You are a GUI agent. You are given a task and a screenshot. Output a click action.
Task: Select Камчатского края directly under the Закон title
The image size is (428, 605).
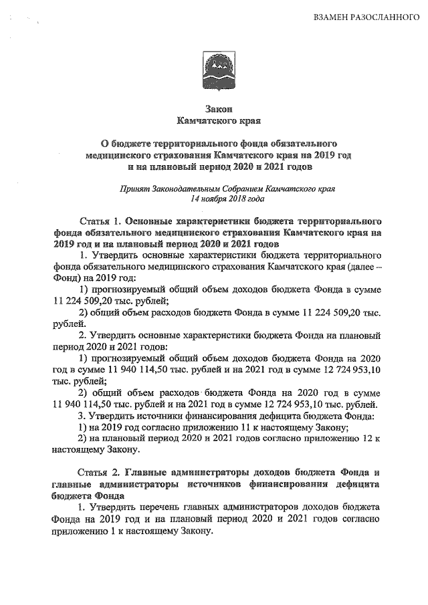click(213, 122)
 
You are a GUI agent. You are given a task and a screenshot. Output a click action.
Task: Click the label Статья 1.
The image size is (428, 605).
click(99, 220)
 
